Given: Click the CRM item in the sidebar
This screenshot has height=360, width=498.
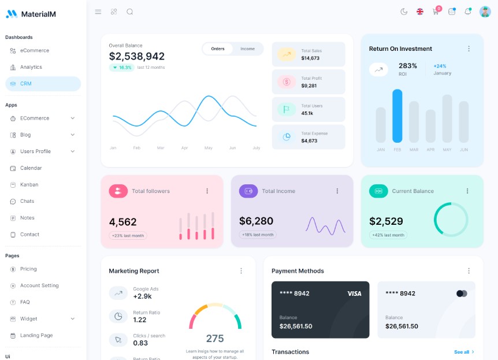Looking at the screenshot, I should [x=26, y=84].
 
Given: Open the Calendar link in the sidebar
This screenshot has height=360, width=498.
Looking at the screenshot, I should [x=31, y=168].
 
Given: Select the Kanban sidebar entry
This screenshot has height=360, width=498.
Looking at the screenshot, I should [x=29, y=185].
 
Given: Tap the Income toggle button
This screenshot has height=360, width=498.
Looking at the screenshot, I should [x=247, y=49].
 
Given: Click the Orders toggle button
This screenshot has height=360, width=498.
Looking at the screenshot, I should [x=218, y=49].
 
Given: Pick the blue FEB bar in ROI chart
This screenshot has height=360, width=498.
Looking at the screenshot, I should [x=397, y=116].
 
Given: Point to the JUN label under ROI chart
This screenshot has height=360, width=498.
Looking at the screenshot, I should [x=464, y=150].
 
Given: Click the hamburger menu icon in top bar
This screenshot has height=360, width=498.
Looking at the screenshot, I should [x=98, y=12].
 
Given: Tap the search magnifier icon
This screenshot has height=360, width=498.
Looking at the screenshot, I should [x=130, y=12].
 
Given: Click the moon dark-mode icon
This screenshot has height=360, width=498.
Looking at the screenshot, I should [x=404, y=12].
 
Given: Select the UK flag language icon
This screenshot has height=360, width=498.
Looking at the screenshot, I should [x=420, y=12].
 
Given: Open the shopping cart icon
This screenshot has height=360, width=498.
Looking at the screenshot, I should [x=436, y=12].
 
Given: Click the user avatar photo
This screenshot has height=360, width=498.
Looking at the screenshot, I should [x=485, y=12].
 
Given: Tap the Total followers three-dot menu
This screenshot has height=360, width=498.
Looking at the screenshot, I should [x=207, y=191].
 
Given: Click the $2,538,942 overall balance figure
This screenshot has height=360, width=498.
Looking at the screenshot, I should [x=137, y=57].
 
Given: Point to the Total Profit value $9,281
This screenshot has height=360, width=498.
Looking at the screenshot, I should [x=309, y=86].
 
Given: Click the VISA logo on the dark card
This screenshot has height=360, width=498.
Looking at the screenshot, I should [x=354, y=294].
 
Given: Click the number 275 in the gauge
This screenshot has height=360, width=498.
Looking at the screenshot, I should [x=215, y=339].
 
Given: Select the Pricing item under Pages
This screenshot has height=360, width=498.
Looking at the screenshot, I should [x=28, y=269].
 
